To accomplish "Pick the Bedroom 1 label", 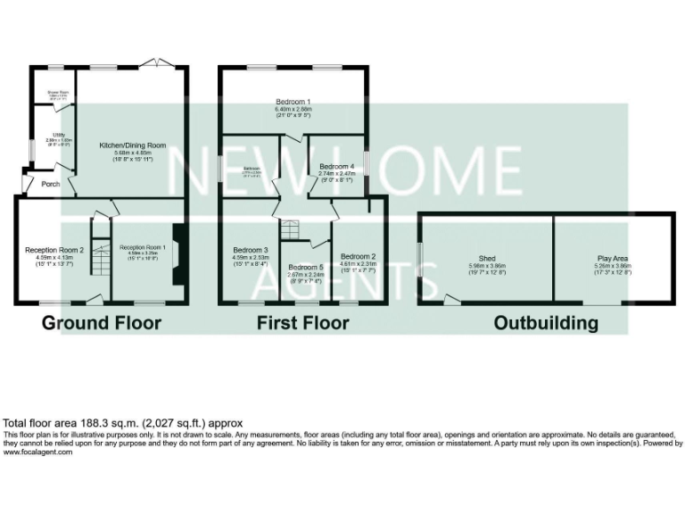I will pyautogui.click(x=293, y=104).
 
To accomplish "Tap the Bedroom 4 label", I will pyautogui.click(x=337, y=167).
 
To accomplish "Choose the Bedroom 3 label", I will pyautogui.click(x=251, y=250).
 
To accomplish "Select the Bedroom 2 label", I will pyautogui.click(x=358, y=257).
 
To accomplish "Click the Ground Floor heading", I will pyautogui.click(x=102, y=322).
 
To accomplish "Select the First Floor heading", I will pyautogui.click(x=302, y=322).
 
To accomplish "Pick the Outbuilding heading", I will pyautogui.click(x=546, y=322).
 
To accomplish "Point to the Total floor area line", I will pyautogui.click(x=123, y=423).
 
